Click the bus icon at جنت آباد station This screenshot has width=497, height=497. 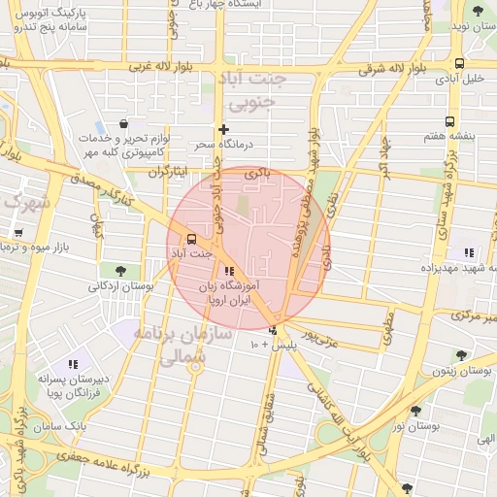point(190,238)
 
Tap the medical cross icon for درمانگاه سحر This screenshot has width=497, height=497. point(224,129)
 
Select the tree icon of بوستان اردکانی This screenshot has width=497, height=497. point(120,271)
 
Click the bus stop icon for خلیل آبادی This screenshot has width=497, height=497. point(458,64)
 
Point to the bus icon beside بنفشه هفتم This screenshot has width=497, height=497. point(449,121)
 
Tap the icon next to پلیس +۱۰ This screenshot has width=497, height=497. point(273,330)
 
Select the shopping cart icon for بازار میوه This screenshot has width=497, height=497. point(18,233)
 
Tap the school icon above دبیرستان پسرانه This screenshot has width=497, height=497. point(73,364)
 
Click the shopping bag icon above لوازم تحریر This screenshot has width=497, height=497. point(124,124)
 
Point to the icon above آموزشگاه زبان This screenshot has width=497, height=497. point(229,272)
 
